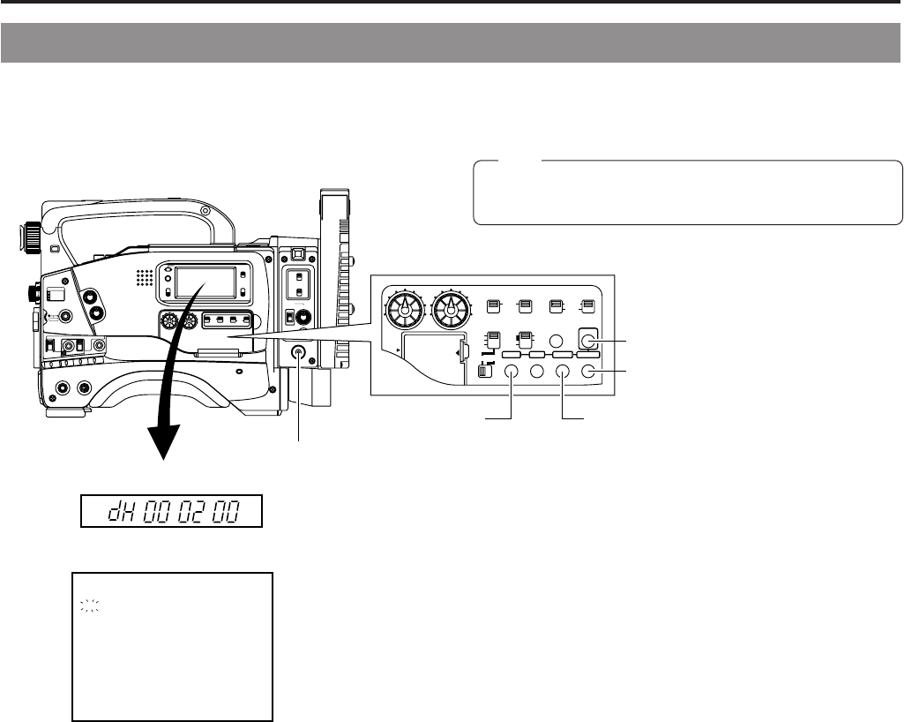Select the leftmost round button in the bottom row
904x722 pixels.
(x=511, y=372)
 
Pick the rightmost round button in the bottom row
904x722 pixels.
(x=589, y=372)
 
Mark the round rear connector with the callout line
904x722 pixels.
(x=300, y=353)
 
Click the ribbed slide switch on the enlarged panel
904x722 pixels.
(x=482, y=372)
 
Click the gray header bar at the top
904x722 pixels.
(x=452, y=43)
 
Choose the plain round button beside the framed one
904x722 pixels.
(x=556, y=341)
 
